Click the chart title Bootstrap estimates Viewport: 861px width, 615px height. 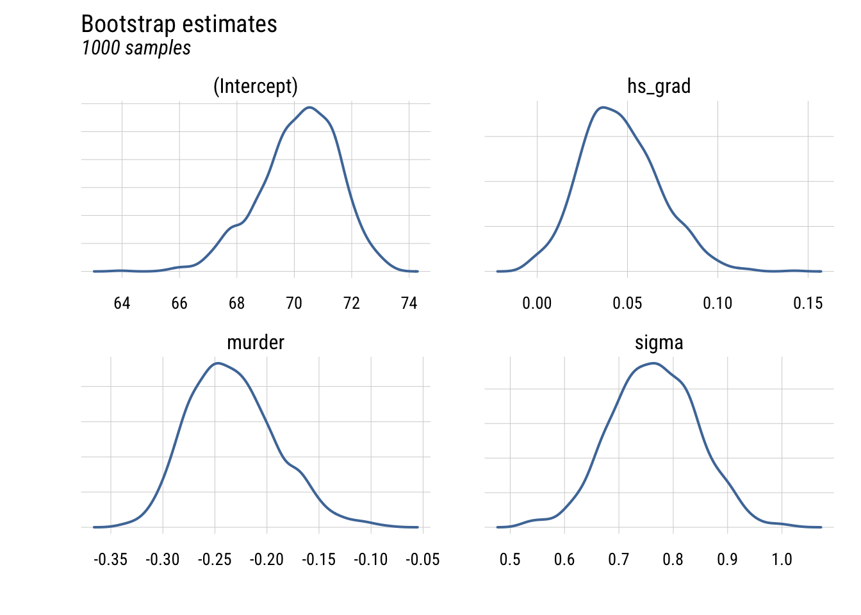click(x=179, y=24)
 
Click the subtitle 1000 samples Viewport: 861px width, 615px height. click(x=136, y=48)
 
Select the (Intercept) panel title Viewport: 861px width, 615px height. click(x=256, y=86)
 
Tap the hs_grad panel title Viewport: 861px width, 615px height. click(x=659, y=86)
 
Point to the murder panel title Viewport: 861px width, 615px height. click(x=256, y=343)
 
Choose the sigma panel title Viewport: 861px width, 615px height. click(x=659, y=343)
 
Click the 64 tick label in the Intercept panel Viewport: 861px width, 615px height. click(x=122, y=303)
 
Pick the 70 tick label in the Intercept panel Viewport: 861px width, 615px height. click(x=294, y=303)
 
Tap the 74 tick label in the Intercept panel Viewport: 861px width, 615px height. click(x=409, y=303)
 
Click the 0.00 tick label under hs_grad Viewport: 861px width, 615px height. click(x=537, y=303)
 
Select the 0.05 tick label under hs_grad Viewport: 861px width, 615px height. click(x=627, y=303)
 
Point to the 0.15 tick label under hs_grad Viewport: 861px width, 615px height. click(x=808, y=303)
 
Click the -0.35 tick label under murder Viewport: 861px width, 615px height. click(x=110, y=560)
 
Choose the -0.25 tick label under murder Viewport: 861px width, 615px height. click(x=215, y=560)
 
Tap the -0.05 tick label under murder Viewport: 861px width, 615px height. click(x=423, y=560)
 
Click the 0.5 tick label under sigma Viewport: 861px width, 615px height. click(x=510, y=560)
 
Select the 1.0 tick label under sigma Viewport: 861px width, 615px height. click(x=782, y=560)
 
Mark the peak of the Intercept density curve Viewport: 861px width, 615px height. click(x=310, y=107)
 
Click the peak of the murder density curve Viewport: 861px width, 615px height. click(x=218, y=363)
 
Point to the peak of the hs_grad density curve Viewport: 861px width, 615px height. click(x=602, y=107)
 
